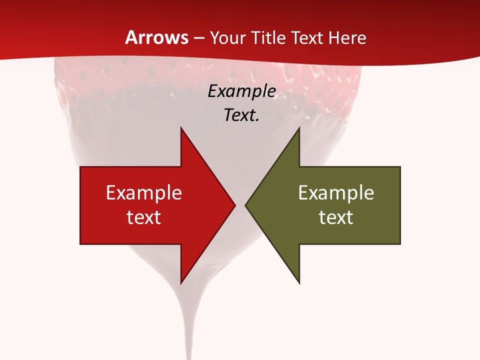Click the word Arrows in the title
[x=157, y=37]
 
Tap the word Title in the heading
[x=269, y=37]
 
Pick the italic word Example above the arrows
[x=242, y=91]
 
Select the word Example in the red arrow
[x=144, y=192]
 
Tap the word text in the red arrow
[x=144, y=217]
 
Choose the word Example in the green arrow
[x=336, y=192]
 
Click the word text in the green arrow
[x=336, y=217]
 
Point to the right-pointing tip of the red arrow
[x=234, y=205]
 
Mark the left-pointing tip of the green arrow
[x=246, y=205]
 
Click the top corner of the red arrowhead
[x=181, y=128]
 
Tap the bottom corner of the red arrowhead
[x=181, y=283]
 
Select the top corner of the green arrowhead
[x=299, y=128]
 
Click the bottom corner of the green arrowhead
[x=299, y=283]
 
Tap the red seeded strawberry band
[x=210, y=75]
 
